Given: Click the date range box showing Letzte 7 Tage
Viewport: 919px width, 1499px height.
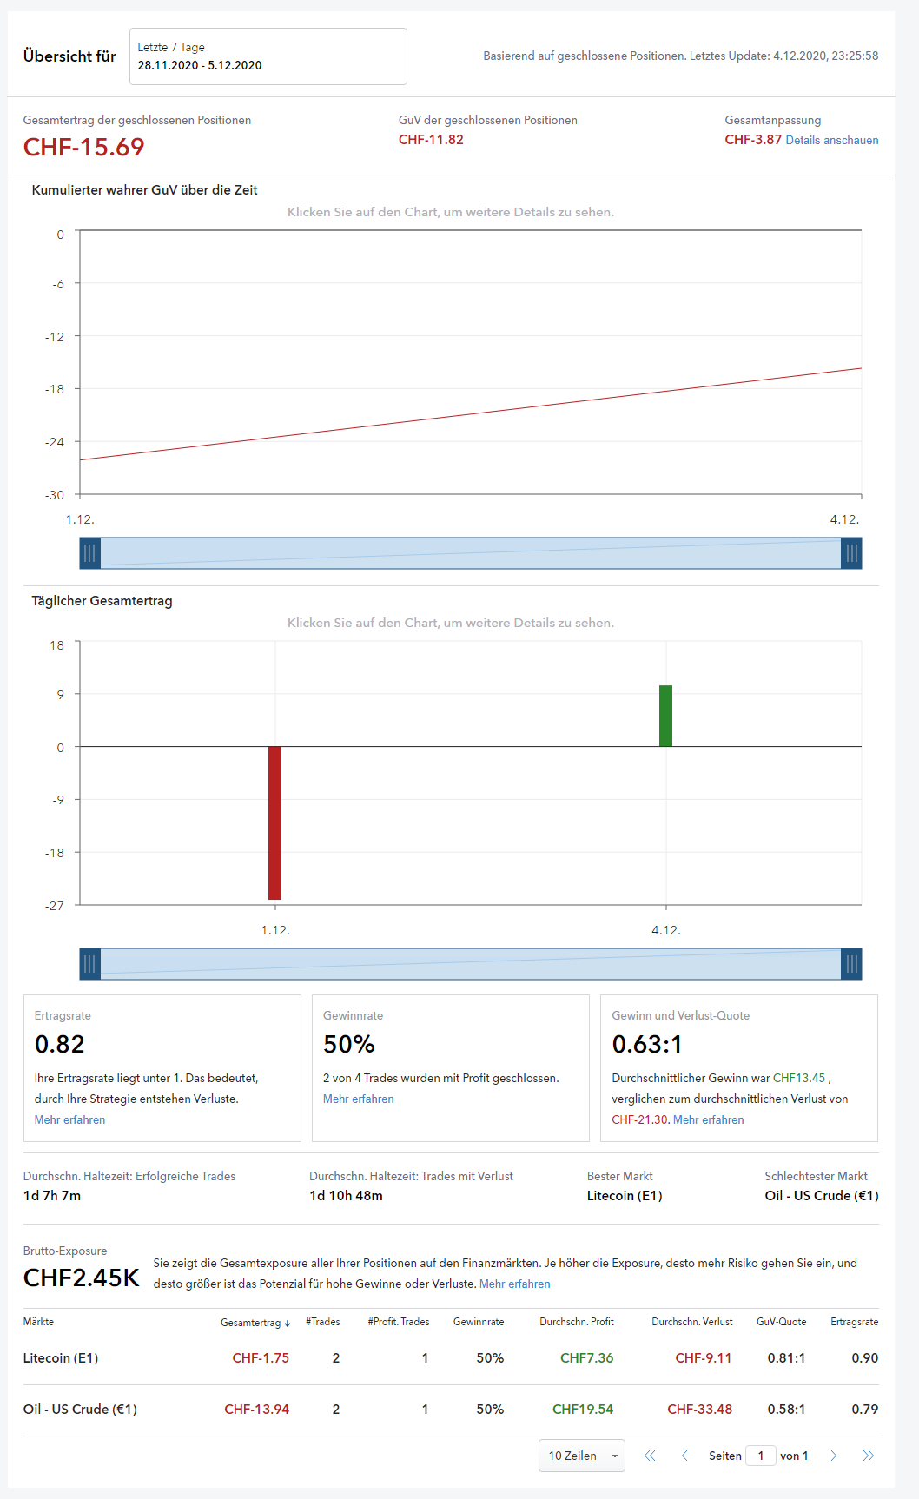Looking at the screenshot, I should (268, 56).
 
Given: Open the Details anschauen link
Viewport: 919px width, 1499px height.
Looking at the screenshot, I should (831, 140).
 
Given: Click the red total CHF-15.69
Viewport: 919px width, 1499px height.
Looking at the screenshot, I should (83, 147).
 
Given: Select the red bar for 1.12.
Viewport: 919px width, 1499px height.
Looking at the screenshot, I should (274, 822).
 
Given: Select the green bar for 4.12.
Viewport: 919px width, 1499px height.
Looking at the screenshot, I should (665, 716).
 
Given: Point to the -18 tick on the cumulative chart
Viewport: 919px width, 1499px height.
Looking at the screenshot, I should (56, 389).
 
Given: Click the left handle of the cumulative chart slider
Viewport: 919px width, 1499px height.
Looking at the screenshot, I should (90, 553).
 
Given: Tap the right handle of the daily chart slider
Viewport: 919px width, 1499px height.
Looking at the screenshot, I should (851, 964).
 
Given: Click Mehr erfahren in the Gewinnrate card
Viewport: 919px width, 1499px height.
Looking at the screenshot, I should (358, 1099).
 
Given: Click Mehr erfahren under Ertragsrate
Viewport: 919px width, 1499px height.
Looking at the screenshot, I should (69, 1119).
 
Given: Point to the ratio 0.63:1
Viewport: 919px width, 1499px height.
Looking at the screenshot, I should (647, 1044).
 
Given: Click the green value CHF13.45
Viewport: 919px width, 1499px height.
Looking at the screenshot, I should (799, 1078).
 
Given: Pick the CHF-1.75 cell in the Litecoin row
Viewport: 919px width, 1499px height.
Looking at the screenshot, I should (261, 1358).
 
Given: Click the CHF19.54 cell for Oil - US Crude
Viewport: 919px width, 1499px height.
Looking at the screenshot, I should (583, 1409).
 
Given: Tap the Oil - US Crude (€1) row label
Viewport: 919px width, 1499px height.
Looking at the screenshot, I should (80, 1409).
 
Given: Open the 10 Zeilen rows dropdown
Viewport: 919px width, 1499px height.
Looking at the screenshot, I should (581, 1456).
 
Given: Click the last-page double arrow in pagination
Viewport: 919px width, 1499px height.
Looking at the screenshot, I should (868, 1456).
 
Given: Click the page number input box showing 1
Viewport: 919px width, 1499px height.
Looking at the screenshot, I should (761, 1456).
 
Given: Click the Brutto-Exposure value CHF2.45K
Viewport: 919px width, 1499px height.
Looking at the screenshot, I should (81, 1278).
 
